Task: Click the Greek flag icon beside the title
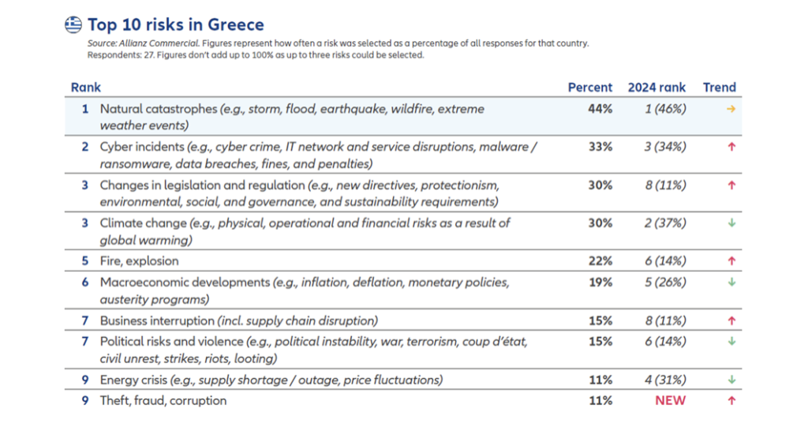pos(73,24)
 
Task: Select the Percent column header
pos(589,88)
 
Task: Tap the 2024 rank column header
pos(656,88)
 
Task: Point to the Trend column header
pos(719,88)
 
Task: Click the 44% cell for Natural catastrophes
pos(600,109)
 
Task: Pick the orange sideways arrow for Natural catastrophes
pos(731,109)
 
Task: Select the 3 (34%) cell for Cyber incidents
pos(665,147)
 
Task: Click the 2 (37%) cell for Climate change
pos(665,223)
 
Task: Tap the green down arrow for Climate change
pos(731,223)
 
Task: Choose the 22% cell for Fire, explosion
pos(600,261)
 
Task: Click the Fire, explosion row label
pos(139,261)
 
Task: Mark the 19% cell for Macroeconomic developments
pos(600,283)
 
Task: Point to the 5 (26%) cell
pos(665,283)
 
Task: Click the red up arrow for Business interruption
pos(731,320)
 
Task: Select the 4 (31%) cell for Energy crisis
pos(665,380)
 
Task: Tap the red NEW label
pos(670,401)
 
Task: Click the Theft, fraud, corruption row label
pos(163,401)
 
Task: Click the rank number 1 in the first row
pos(84,109)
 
